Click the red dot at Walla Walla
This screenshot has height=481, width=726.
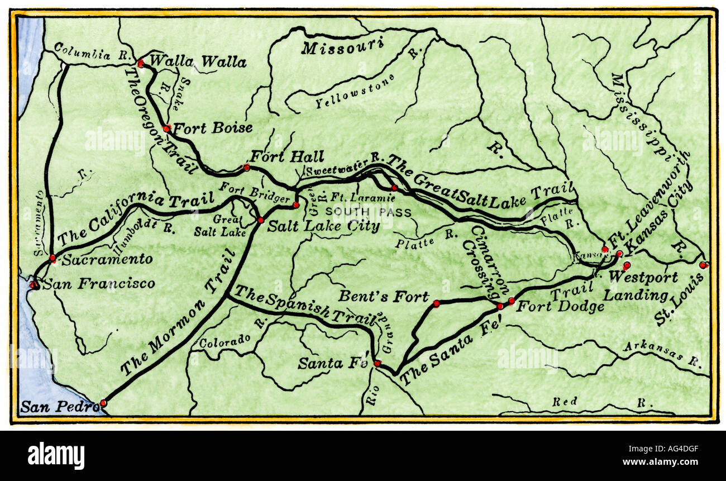(141, 64)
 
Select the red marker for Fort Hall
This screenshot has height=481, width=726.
(246, 167)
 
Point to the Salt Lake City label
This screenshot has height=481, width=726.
(323, 226)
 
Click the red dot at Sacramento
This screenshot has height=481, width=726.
(52, 258)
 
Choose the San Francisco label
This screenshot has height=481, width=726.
(99, 284)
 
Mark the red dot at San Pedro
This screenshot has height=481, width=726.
(103, 403)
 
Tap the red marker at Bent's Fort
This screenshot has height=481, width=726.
(436, 303)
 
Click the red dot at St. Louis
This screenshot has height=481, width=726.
(703, 265)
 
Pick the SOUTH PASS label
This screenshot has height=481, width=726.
(368, 212)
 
